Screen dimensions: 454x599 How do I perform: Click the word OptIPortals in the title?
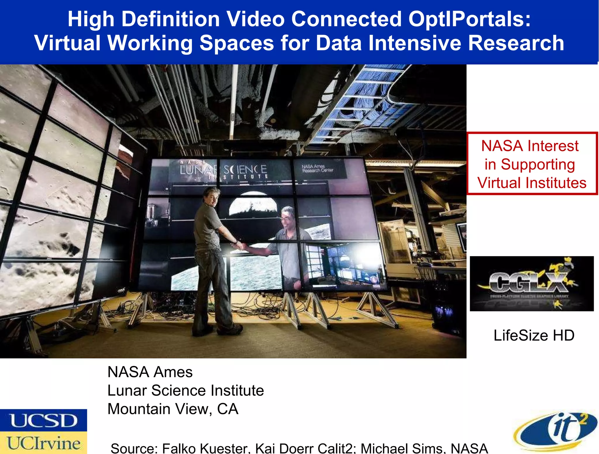pyautogui.click(x=469, y=19)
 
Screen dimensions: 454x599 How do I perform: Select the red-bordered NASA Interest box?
pyautogui.click(x=532, y=163)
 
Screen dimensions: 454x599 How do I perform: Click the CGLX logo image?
pyautogui.click(x=531, y=283)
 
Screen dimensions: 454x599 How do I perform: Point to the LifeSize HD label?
pyautogui.click(x=534, y=335)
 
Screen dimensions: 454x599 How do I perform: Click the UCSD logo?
pyautogui.click(x=43, y=420)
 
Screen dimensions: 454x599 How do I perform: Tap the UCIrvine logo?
pyautogui.click(x=43, y=443)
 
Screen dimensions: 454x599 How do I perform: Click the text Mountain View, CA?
pyautogui.click(x=173, y=409)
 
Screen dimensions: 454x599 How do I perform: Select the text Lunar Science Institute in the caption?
pyautogui.click(x=185, y=390)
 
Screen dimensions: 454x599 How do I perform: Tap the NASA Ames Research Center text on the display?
pyautogui.click(x=317, y=168)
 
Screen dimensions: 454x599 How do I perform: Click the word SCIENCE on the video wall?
pyautogui.click(x=245, y=169)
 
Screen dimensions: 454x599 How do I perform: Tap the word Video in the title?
pyautogui.click(x=255, y=19)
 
